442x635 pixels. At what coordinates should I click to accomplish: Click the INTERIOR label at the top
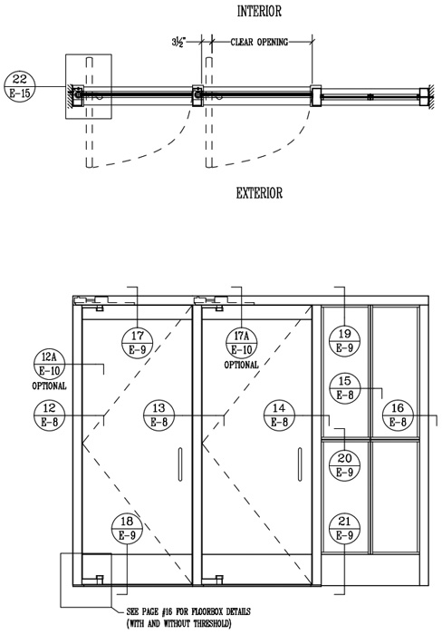pos(259,11)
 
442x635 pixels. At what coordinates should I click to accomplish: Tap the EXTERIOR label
pos(259,192)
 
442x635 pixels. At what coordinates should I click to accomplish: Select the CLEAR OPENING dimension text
pos(259,42)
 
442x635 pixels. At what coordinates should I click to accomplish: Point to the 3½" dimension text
pos(178,42)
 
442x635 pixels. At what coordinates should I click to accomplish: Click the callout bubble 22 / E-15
pos(20,86)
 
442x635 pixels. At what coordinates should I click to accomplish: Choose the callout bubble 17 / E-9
pos(138,343)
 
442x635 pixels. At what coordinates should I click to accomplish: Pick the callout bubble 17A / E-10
pos(242,343)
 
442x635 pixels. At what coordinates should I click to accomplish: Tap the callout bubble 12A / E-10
pos(49,364)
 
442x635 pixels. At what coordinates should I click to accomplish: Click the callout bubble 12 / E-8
pos(49,415)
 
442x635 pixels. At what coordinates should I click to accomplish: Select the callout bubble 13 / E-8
pos(159,415)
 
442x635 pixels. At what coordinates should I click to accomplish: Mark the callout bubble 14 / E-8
pos(279,415)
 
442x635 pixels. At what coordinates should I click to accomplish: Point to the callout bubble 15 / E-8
pos(344,388)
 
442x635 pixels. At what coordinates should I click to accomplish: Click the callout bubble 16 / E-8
pos(398,415)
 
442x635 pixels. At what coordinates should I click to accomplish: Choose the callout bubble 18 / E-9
pos(127,529)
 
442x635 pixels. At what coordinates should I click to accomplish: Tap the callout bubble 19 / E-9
pos(344,341)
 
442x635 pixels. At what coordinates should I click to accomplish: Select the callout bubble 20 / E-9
pos(344,465)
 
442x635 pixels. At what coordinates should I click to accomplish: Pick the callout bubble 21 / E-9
pos(344,529)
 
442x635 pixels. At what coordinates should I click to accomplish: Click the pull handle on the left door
pos(180,464)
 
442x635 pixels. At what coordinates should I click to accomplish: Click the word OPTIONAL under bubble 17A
pos(242,365)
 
